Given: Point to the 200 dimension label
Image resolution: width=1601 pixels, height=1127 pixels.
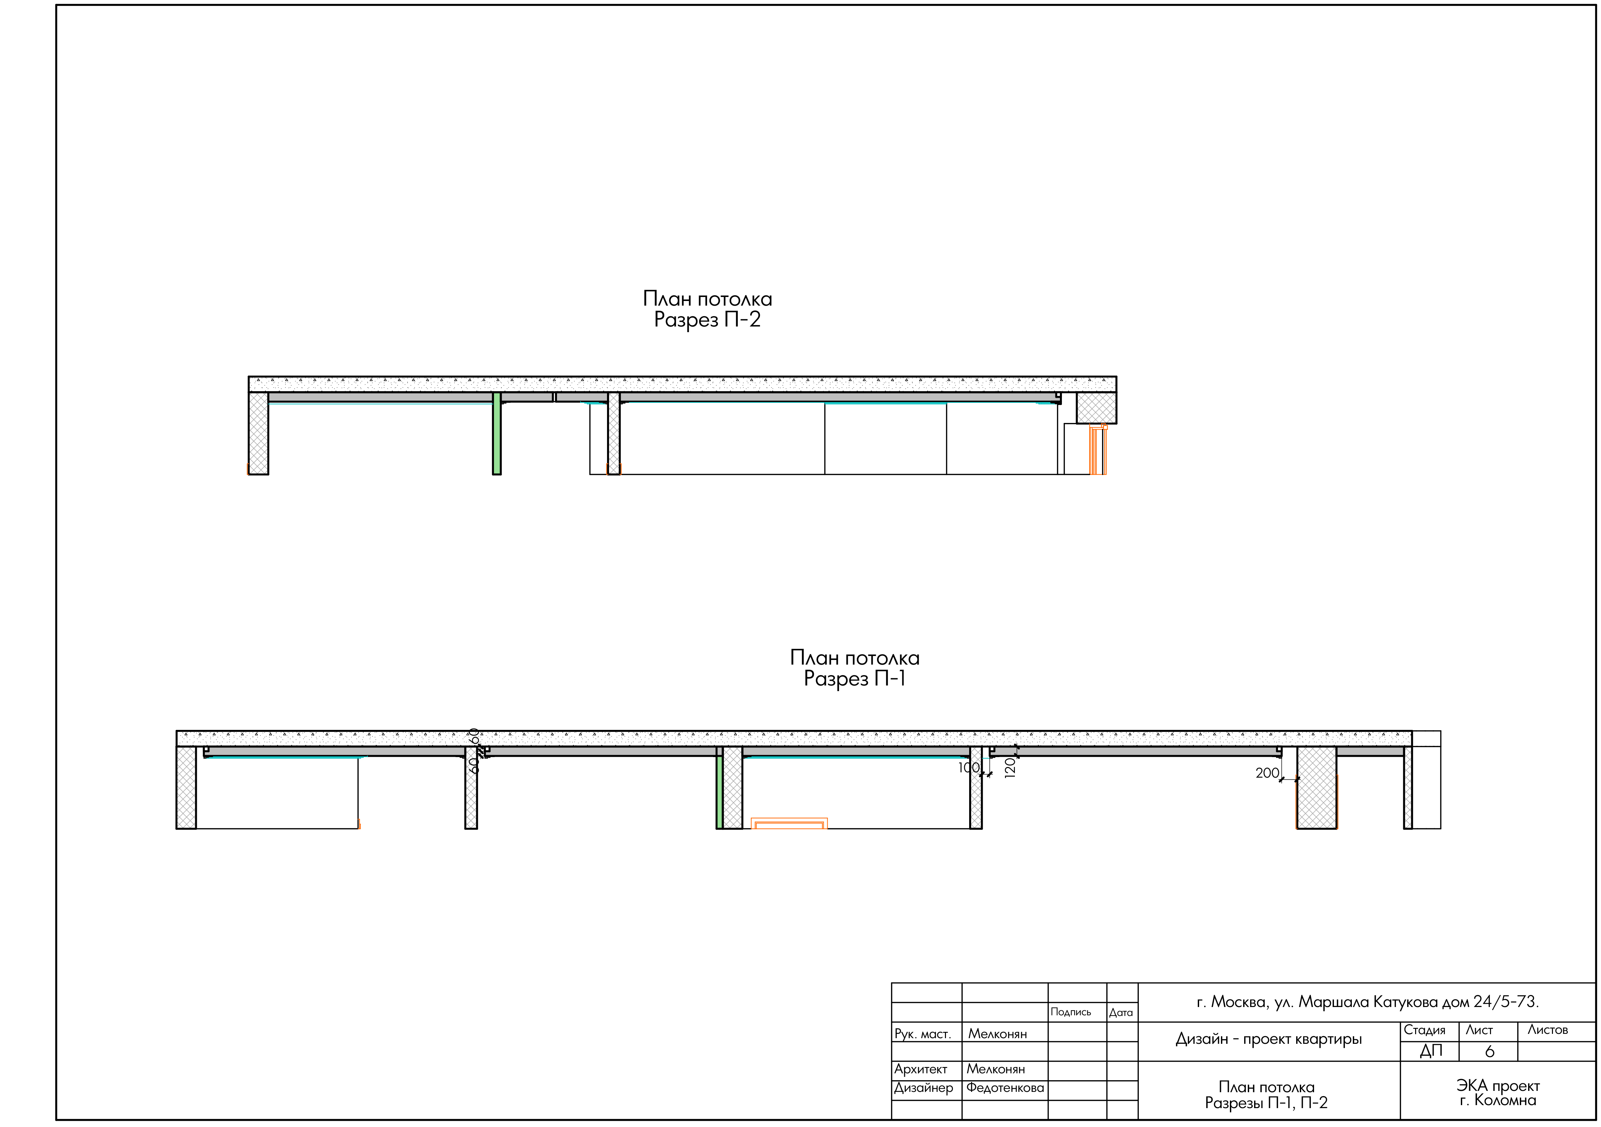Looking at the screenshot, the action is (1267, 773).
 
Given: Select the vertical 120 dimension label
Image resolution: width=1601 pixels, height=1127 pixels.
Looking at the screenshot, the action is (1010, 768).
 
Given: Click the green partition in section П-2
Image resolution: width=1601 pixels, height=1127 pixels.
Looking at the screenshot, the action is (496, 433).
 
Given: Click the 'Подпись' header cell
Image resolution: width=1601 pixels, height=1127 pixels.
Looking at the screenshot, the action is (1071, 1012).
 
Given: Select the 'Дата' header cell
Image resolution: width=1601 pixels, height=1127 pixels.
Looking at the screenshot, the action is (1121, 1012).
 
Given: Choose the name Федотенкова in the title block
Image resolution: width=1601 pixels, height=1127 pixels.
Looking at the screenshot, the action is (1005, 1088).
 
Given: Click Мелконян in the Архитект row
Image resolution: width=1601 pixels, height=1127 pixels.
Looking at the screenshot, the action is (996, 1069).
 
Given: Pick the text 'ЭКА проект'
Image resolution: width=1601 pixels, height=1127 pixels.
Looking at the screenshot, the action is (1498, 1086).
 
